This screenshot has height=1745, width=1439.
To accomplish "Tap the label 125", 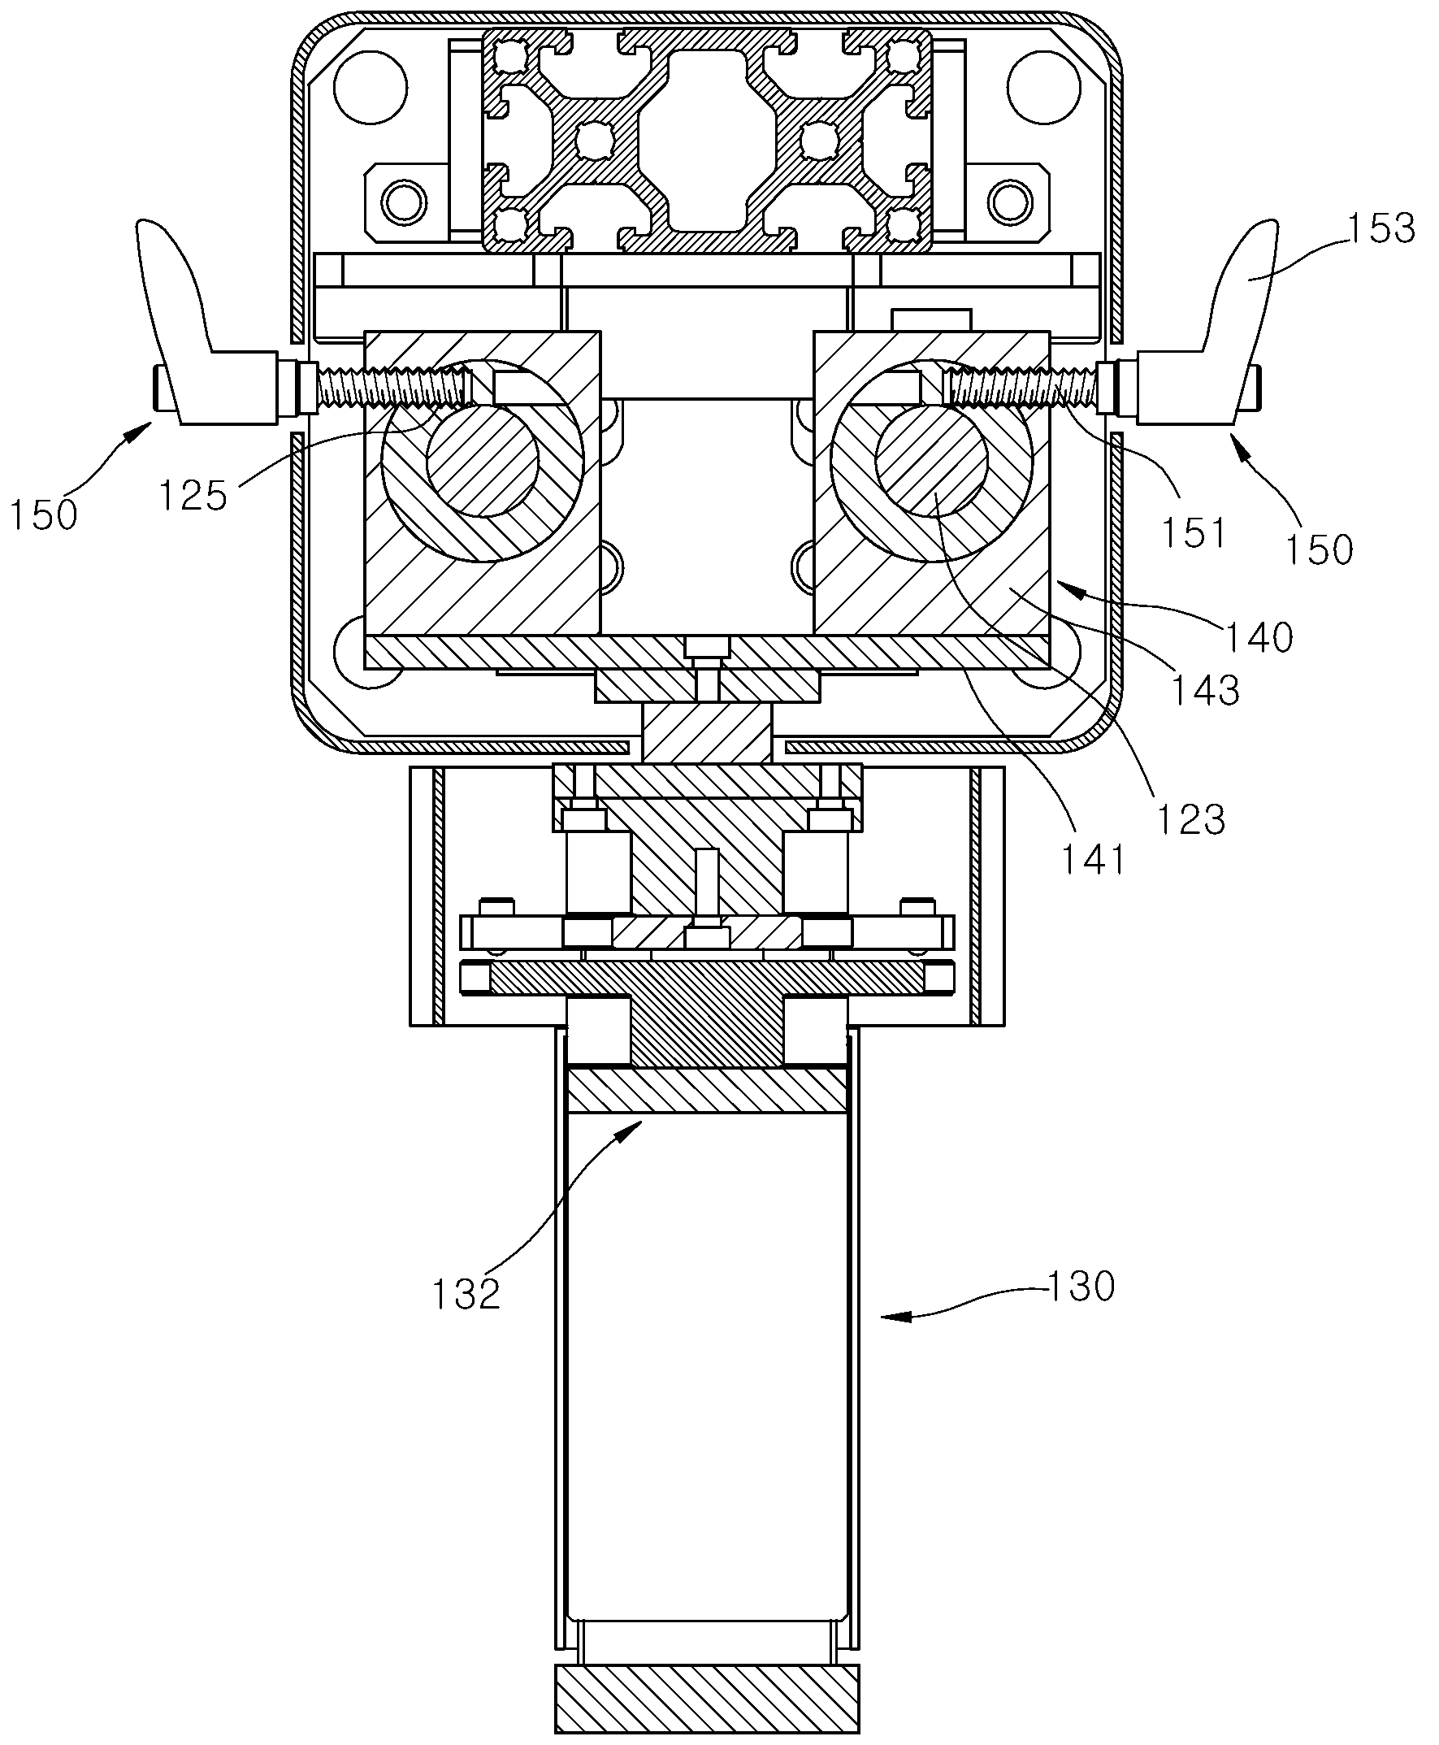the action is point(193,496).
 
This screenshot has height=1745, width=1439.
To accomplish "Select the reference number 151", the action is point(1194,532).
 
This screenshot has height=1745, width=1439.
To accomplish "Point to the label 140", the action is point(1259,636).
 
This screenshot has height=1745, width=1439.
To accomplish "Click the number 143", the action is point(1205,689).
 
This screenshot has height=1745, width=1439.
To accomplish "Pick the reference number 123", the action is point(1191,819).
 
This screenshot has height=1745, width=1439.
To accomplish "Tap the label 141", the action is point(1095,860).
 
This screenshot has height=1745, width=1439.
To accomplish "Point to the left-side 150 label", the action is point(44,514).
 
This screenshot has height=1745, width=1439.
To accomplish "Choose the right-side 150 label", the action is point(1320,549).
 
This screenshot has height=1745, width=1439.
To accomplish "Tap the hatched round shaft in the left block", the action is point(483,460).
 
